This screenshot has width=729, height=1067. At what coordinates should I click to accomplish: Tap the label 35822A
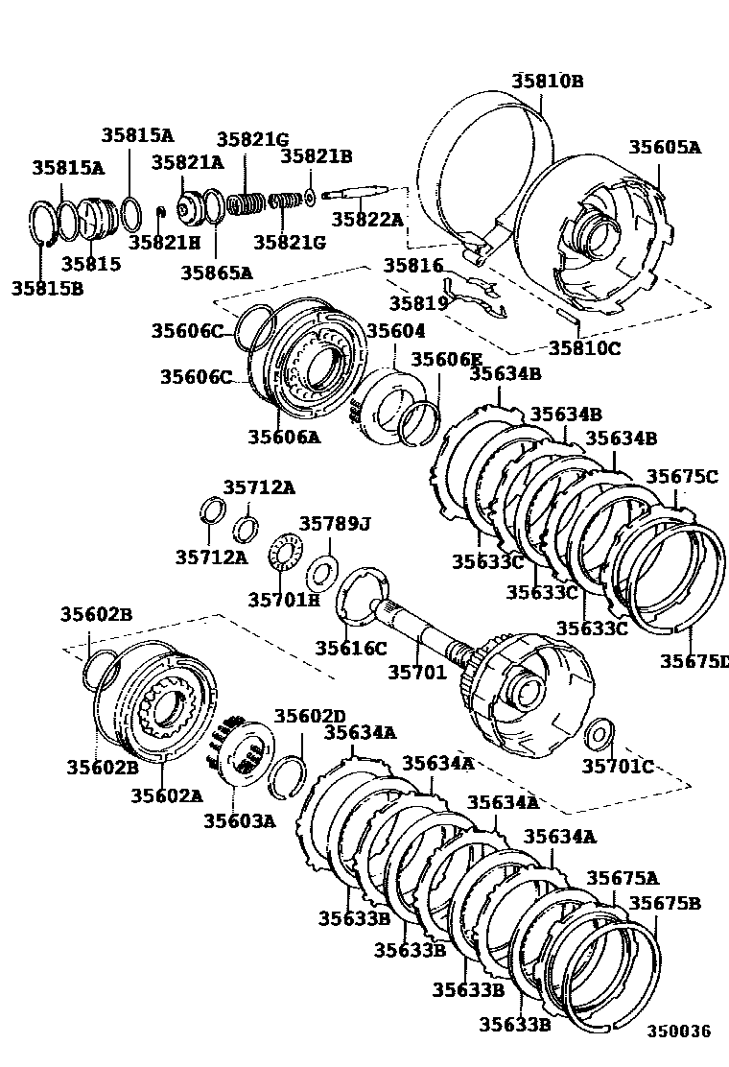point(367,220)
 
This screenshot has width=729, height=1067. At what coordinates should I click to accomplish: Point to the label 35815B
point(47,286)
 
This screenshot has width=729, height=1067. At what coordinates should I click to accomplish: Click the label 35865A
point(216,273)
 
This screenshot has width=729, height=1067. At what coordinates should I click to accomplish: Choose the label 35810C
point(584,347)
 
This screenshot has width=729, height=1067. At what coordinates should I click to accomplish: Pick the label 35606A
point(284,437)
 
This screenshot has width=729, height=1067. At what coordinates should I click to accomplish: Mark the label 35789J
point(334,524)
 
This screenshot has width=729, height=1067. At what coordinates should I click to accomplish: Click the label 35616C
point(351,649)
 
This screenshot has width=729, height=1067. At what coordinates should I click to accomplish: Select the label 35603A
point(239,820)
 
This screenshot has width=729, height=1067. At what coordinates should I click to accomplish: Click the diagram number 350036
point(677,1031)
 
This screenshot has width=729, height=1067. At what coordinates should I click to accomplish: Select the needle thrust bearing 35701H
point(284,555)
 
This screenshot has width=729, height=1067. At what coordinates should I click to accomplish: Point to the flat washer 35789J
point(319,576)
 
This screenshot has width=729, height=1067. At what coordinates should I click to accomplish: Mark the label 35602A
point(166,795)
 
